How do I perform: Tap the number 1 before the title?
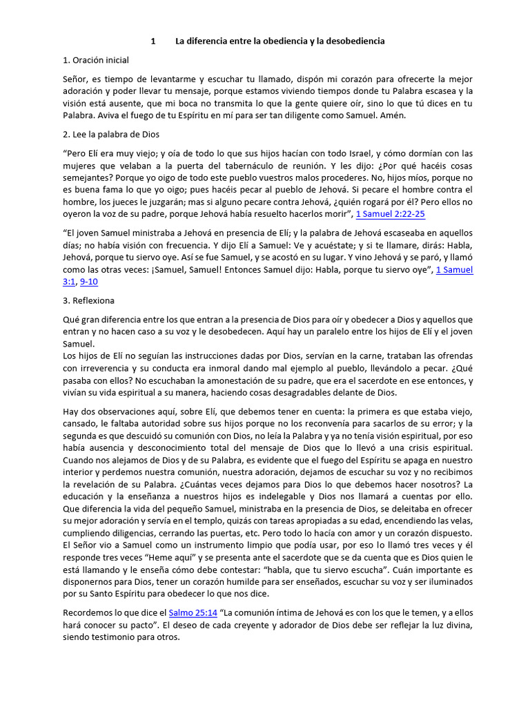(153, 41)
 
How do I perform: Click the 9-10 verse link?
(89, 282)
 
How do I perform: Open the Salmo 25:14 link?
(193, 612)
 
